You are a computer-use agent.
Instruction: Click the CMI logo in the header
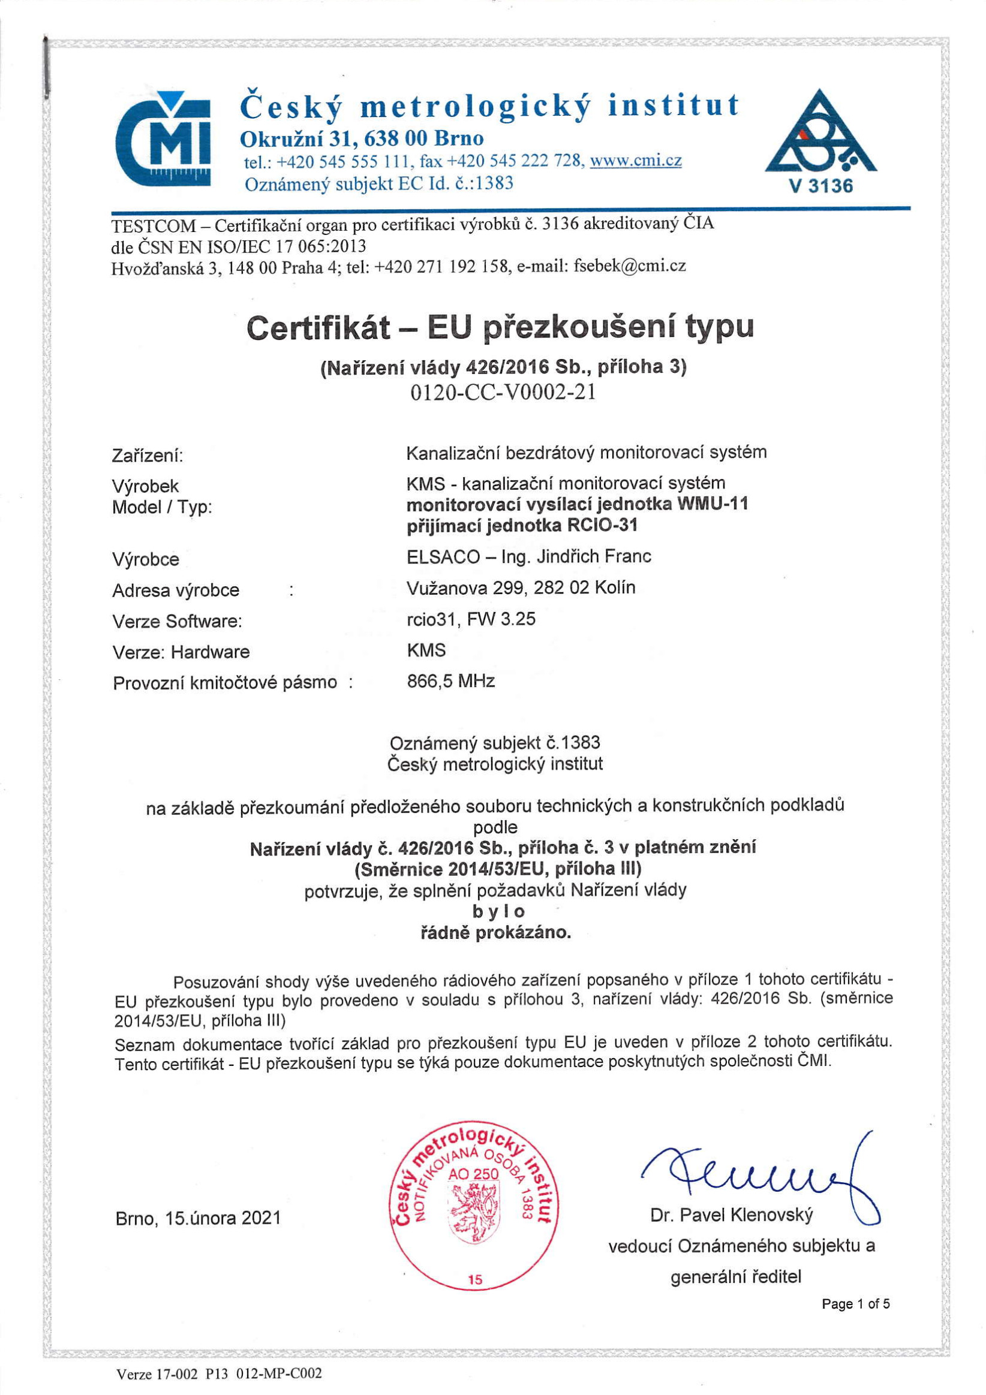(x=163, y=139)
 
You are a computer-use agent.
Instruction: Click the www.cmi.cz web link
(x=635, y=161)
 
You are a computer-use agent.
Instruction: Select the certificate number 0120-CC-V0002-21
(x=503, y=393)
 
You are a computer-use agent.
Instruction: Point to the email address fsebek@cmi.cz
(x=630, y=266)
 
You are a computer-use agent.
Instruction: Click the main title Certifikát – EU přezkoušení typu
(x=500, y=327)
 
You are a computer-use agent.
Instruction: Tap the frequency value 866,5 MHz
(x=450, y=681)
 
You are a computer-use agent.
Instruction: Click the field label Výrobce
(x=145, y=559)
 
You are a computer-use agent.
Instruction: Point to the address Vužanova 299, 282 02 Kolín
(x=521, y=587)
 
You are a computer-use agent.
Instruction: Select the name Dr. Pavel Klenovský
(x=731, y=1215)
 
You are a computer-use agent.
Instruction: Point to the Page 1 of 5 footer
(x=855, y=1303)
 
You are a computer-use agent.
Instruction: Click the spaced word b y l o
(x=498, y=911)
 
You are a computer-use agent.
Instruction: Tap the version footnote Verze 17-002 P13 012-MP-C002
(x=219, y=1374)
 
